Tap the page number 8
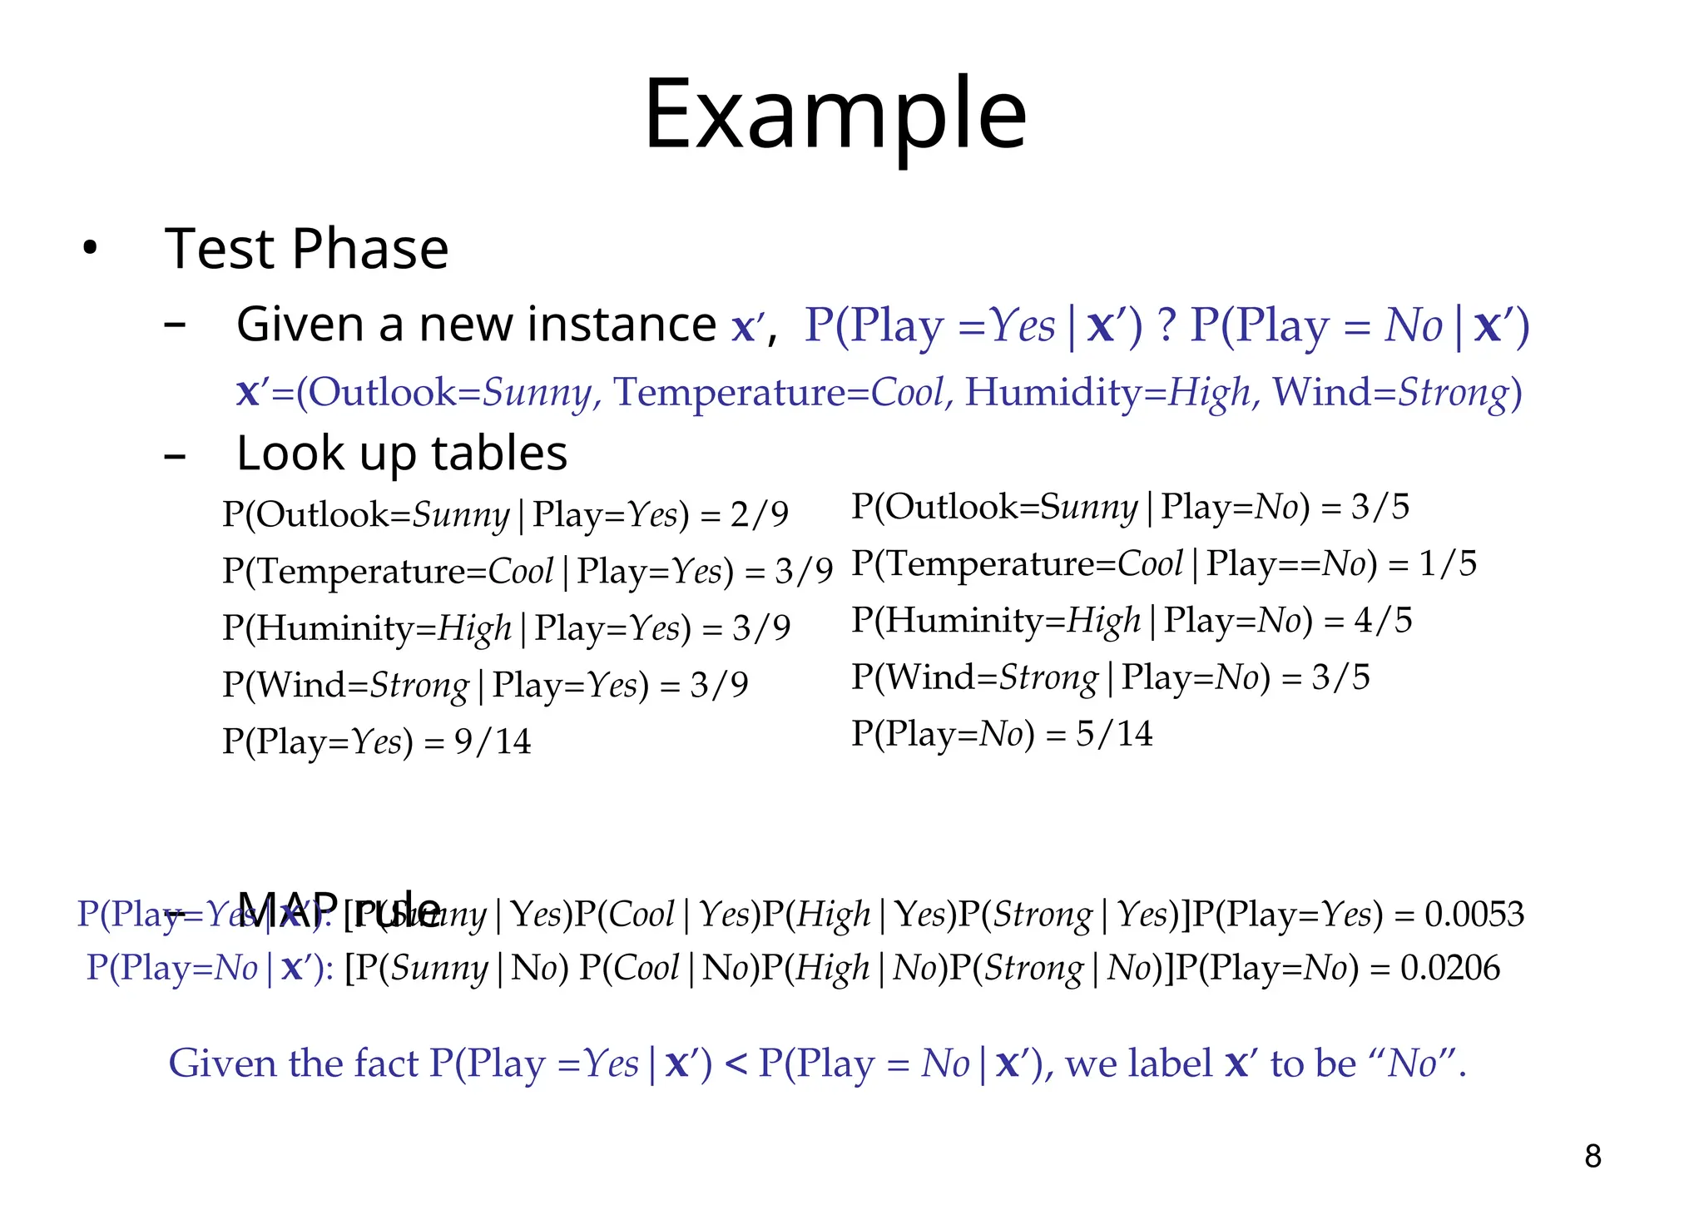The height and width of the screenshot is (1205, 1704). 1593,1156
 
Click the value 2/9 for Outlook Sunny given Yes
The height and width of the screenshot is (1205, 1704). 759,515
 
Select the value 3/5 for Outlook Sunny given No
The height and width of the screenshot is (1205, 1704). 1380,507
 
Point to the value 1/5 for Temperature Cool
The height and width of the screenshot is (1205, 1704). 1447,564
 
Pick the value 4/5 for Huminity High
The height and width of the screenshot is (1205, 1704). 1383,621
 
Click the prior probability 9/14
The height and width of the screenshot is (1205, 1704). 493,741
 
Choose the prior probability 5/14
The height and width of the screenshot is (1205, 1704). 1114,734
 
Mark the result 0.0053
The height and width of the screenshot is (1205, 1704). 1474,915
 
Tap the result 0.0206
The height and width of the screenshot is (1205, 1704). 1450,968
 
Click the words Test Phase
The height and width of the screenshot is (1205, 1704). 307,249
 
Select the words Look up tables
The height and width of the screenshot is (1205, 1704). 402,454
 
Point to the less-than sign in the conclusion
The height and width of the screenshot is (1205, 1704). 736,1064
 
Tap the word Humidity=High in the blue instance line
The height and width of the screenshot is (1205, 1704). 1107,392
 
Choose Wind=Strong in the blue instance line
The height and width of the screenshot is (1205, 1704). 1389,392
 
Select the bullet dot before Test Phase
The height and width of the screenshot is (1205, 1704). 90,249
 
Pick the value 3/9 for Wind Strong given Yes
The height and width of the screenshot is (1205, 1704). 719,685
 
